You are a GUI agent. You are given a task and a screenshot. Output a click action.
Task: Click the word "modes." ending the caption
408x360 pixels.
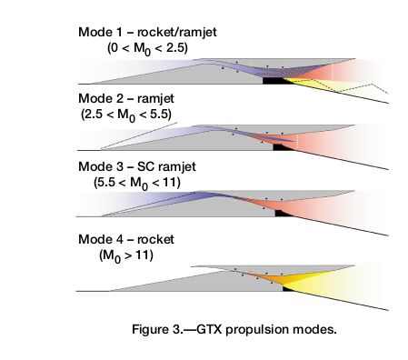pyautogui.click(x=318, y=327)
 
